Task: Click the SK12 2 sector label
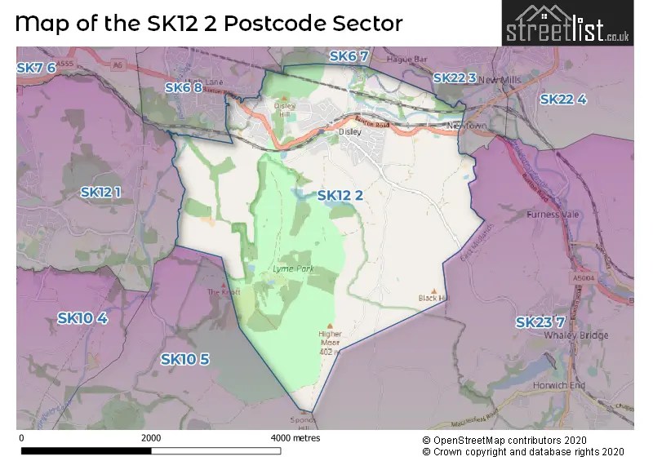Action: [340, 195]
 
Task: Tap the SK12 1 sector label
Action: [101, 192]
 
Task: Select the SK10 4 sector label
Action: [82, 317]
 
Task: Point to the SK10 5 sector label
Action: [185, 359]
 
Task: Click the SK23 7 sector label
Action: [540, 322]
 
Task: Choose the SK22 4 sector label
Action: [563, 99]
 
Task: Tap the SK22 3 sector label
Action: [455, 78]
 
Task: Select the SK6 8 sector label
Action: [183, 87]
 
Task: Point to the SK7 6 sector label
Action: [36, 68]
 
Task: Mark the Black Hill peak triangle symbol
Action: [434, 290]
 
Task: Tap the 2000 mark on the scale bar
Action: [150, 438]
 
